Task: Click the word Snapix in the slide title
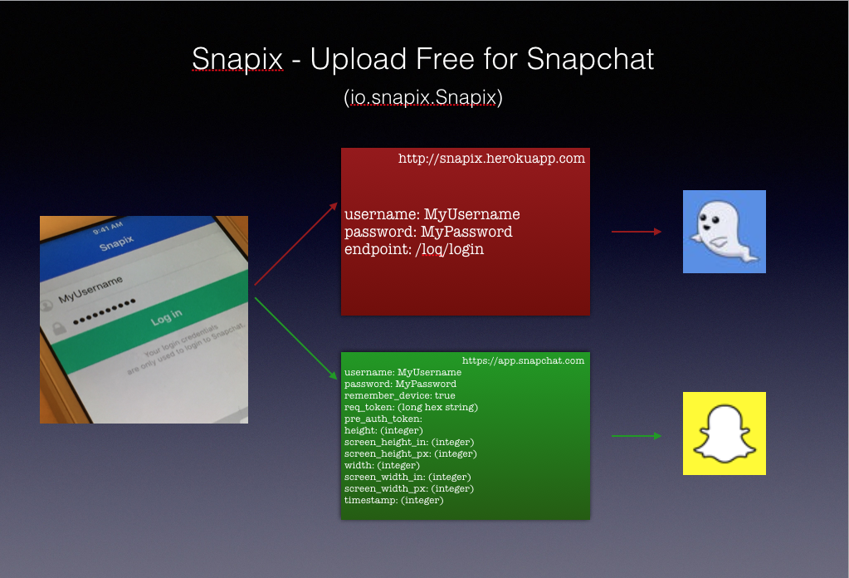click(237, 59)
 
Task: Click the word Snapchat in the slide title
click(590, 58)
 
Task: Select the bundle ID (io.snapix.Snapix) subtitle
click(423, 97)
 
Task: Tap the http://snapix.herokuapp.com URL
click(491, 158)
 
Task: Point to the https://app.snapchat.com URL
click(523, 360)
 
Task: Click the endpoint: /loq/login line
click(414, 249)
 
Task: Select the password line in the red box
click(428, 232)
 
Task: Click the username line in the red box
click(432, 214)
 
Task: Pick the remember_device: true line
click(399, 395)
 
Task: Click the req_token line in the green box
click(411, 408)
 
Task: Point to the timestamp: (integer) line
click(393, 500)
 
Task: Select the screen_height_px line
click(411, 453)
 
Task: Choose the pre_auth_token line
click(383, 419)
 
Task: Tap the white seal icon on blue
click(724, 232)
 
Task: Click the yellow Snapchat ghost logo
click(724, 433)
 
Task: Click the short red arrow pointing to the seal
click(637, 232)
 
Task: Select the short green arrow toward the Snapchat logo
click(637, 436)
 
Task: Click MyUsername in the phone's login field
click(90, 289)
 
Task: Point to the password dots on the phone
click(104, 311)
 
